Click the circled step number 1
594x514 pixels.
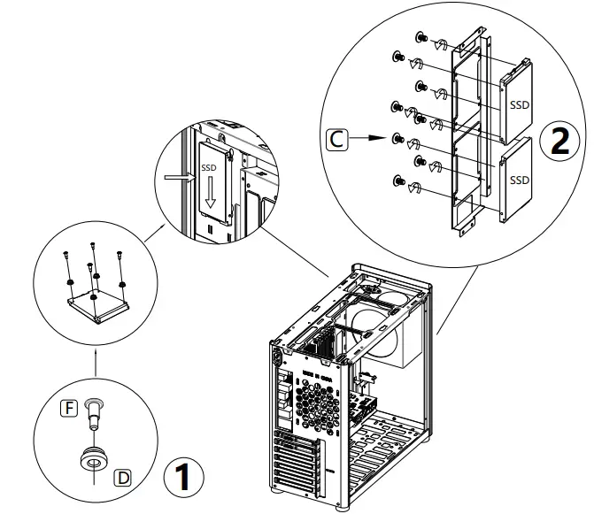click(x=183, y=478)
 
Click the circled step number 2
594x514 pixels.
click(x=560, y=142)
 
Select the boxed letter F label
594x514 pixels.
click(x=66, y=408)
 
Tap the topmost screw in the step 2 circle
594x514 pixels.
click(x=422, y=39)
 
